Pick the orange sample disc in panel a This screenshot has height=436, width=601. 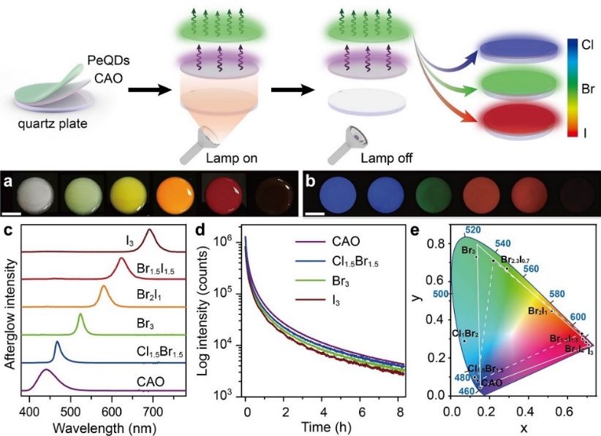[x=175, y=195]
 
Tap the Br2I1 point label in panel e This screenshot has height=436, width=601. [x=539, y=311]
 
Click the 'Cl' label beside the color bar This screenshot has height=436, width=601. [x=586, y=43]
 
